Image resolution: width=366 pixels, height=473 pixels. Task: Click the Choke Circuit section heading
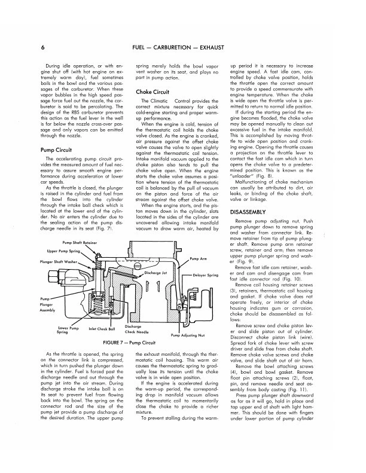pos(154,91)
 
